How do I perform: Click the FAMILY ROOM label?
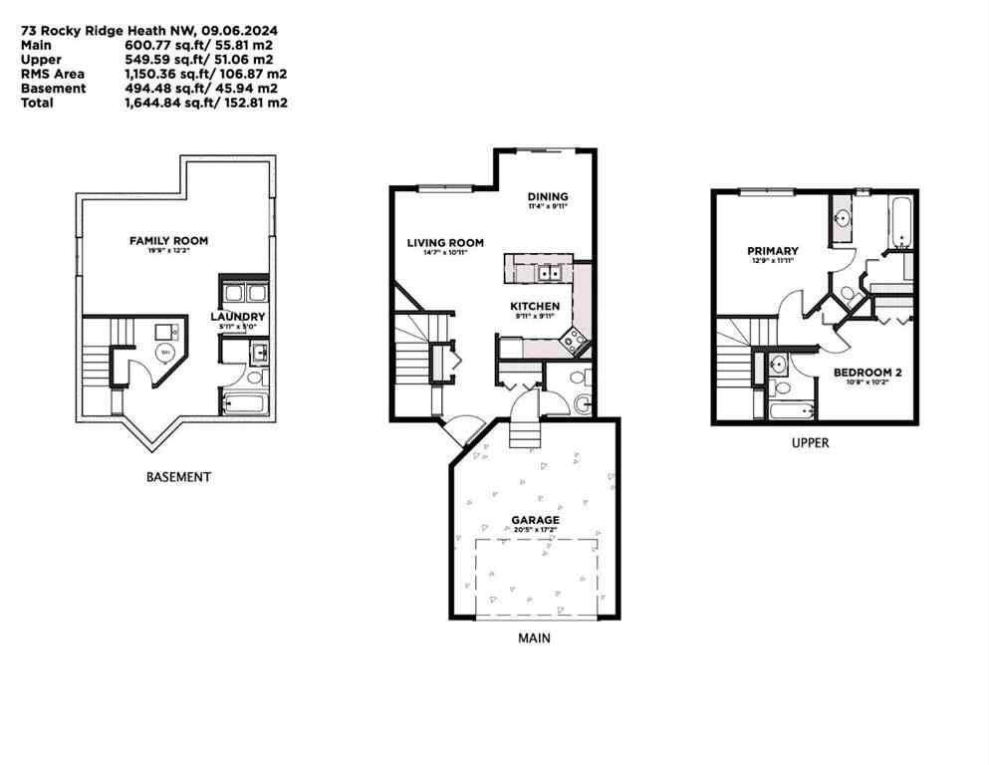tap(168, 240)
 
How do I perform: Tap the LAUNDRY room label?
tap(236, 317)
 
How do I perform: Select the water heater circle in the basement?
tap(165, 351)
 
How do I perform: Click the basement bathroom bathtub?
tap(244, 403)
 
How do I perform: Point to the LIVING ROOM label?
tap(444, 242)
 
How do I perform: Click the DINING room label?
tap(547, 196)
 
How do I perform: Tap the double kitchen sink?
tap(548, 272)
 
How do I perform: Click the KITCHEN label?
tap(535, 306)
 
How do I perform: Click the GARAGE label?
tap(535, 520)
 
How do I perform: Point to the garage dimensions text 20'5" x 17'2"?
tap(535, 531)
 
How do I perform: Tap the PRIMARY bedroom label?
tap(773, 251)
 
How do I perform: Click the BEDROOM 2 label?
tap(866, 373)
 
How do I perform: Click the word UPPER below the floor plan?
tap(809, 443)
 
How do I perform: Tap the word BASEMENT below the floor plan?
tap(178, 477)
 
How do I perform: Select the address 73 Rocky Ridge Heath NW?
tap(83, 30)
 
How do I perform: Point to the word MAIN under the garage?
tap(533, 637)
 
